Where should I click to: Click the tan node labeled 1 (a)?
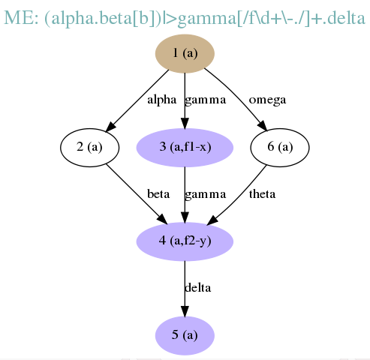pyautogui.click(x=185, y=53)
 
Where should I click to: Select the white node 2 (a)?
pyautogui.click(x=89, y=148)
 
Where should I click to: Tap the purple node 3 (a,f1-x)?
pyautogui.click(x=185, y=148)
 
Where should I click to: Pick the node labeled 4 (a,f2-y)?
pyautogui.click(x=185, y=241)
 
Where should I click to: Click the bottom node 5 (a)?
pyautogui.click(x=185, y=335)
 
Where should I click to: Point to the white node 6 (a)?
pyautogui.click(x=280, y=148)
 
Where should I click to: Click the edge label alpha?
pyautogui.click(x=162, y=100)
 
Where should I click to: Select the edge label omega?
pyautogui.click(x=267, y=100)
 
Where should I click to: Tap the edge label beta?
pyautogui.click(x=158, y=194)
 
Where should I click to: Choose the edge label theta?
pyautogui.click(x=262, y=194)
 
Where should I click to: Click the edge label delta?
pyautogui.click(x=198, y=288)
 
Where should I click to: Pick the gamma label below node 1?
pyautogui.click(x=206, y=100)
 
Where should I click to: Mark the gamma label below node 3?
pyautogui.click(x=206, y=195)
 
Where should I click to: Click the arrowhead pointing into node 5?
pyautogui.click(x=185, y=310)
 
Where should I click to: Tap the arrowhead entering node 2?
pyautogui.click(x=110, y=127)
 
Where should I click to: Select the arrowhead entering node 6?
pyautogui.click(x=263, y=125)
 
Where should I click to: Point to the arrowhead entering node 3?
pyautogui.click(x=185, y=123)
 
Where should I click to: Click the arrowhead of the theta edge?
pyautogui.click(x=212, y=220)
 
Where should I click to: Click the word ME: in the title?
pyautogui.click(x=21, y=18)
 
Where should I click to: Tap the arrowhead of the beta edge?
pyautogui.click(x=162, y=219)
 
